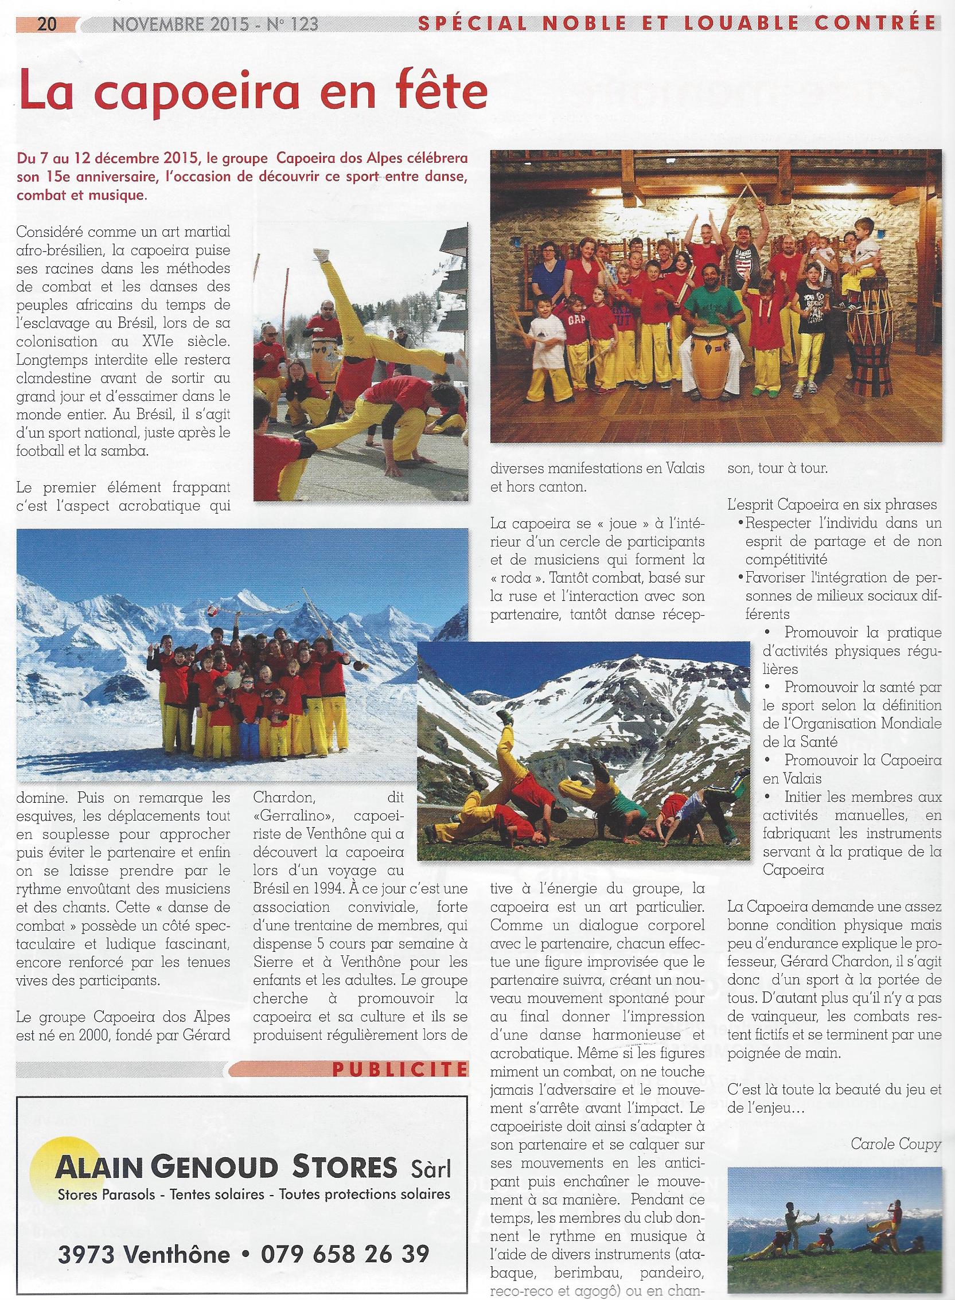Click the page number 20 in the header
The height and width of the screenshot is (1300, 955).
point(46,24)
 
